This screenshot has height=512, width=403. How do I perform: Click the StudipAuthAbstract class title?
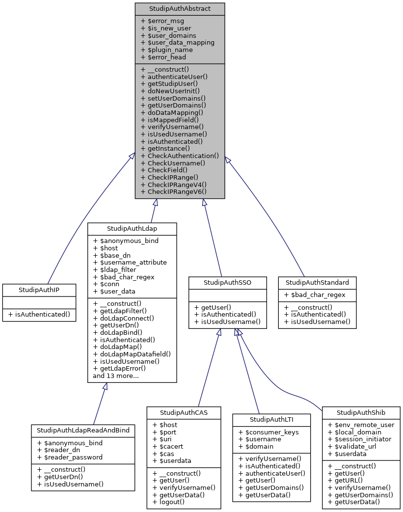pyautogui.click(x=180, y=9)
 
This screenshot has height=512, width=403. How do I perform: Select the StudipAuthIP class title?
pyautogui.click(x=39, y=290)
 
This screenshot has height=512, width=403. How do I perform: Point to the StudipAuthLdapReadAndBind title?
pyautogui.click(x=83, y=430)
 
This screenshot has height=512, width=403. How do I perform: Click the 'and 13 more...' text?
pyautogui.click(x=116, y=376)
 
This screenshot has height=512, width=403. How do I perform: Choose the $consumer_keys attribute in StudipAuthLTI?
pyautogui.click(x=269, y=431)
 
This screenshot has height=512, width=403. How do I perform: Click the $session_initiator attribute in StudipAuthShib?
pyautogui.click(x=360, y=439)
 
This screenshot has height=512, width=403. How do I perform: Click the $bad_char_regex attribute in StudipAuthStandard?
pyautogui.click(x=314, y=295)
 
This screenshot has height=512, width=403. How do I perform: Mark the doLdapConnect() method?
pyautogui.click(x=124, y=318)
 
